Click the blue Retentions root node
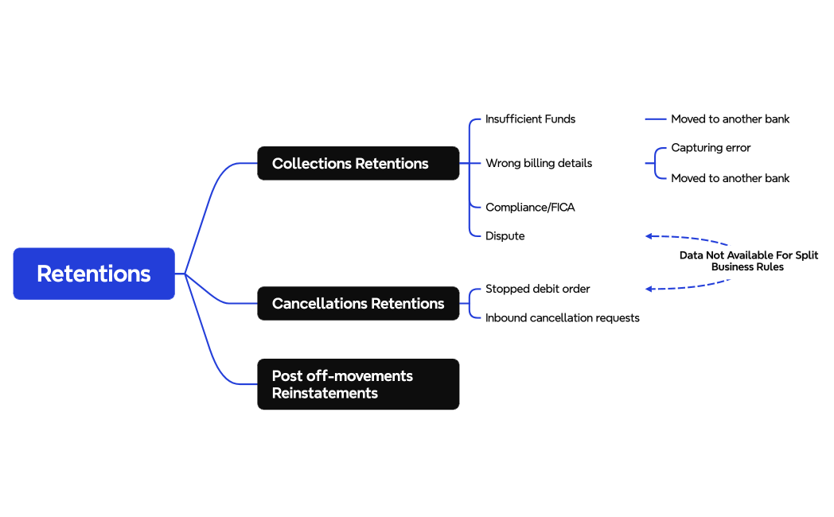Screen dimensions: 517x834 (94, 274)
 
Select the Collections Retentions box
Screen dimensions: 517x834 (358, 163)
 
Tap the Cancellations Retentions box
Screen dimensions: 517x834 (358, 303)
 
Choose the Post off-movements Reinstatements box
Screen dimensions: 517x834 (358, 384)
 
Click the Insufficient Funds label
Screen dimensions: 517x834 (530, 119)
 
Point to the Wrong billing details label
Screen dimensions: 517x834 (539, 163)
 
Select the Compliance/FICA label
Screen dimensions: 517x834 (530, 207)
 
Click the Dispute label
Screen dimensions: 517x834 (505, 235)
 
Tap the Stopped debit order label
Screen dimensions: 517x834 (538, 289)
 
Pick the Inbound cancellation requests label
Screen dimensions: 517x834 (563, 317)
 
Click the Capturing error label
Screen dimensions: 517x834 (711, 148)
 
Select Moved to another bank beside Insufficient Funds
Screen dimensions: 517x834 (730, 119)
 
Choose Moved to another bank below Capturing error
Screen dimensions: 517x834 (730, 178)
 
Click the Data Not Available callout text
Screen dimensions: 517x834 (748, 261)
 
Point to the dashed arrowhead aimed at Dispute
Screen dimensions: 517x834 (649, 236)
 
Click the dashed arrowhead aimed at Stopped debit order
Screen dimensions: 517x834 (649, 289)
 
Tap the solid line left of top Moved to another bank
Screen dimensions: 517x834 (655, 119)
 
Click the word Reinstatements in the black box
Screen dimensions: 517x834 (325, 393)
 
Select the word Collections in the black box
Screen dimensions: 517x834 (311, 163)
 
